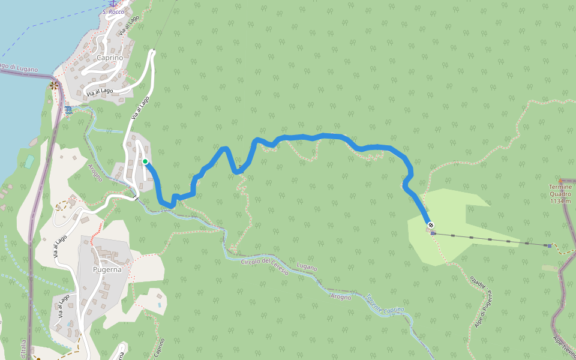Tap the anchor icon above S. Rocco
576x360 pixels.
[112, 4]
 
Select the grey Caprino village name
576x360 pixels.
[110, 58]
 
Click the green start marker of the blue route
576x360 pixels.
[145, 161]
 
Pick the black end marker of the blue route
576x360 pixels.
[430, 226]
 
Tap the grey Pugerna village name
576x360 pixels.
[107, 269]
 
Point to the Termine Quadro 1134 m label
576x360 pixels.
[560, 194]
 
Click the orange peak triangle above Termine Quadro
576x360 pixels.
[560, 180]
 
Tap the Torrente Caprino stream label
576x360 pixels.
[385, 304]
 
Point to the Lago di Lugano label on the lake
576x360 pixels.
[18, 68]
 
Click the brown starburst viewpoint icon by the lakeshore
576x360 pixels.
[55, 85]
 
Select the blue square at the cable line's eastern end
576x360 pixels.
[549, 245]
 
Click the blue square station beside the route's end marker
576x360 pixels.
[433, 233]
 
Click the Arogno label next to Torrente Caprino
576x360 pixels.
[340, 296]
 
